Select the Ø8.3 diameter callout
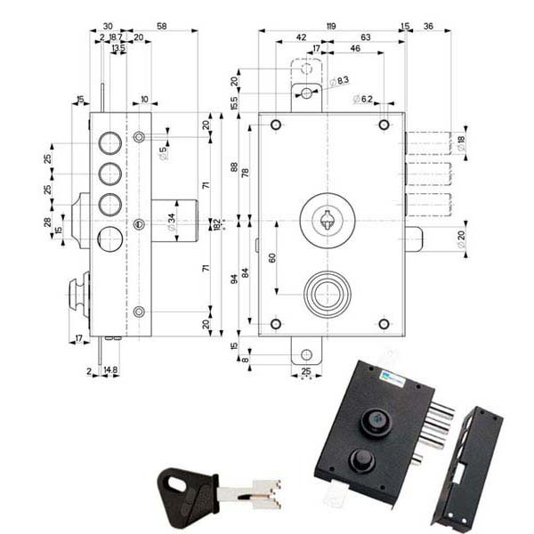point(339,82)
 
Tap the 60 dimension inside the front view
point(271,258)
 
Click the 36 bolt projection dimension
point(429,26)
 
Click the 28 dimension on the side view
point(48,222)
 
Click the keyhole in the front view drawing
point(328,218)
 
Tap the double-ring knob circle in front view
point(328,294)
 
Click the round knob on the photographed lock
point(360,458)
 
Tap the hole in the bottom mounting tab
point(305,352)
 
